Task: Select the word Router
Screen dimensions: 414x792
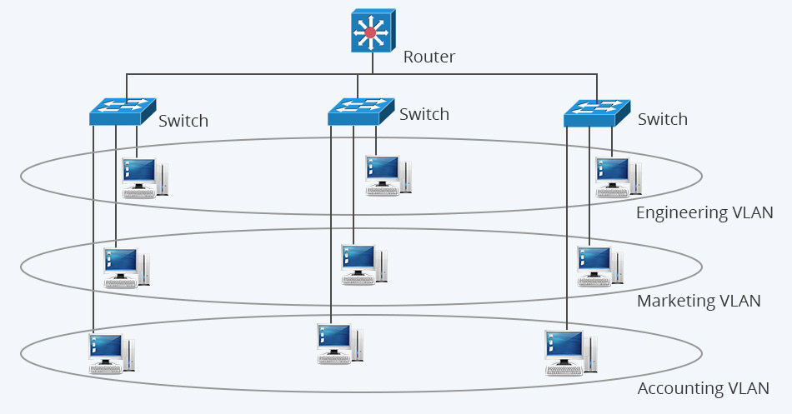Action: [429, 57]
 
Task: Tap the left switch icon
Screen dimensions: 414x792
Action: [123, 111]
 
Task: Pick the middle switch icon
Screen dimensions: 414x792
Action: [360, 112]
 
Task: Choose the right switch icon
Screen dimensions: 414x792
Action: [596, 112]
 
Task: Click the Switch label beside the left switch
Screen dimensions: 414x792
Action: [183, 121]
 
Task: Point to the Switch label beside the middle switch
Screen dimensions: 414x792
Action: [424, 114]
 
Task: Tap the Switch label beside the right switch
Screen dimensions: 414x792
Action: [663, 119]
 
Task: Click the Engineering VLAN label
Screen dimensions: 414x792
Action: [704, 212]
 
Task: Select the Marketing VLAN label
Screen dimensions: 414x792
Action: [699, 301]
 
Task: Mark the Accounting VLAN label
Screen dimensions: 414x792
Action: [703, 388]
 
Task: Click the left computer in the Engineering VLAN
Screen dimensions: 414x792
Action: [144, 177]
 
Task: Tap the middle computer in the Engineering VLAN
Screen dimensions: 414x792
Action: [388, 175]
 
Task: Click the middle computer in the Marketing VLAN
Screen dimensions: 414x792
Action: [363, 264]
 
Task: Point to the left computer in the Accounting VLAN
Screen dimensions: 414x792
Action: [112, 353]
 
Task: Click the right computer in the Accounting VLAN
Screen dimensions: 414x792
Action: [569, 352]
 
